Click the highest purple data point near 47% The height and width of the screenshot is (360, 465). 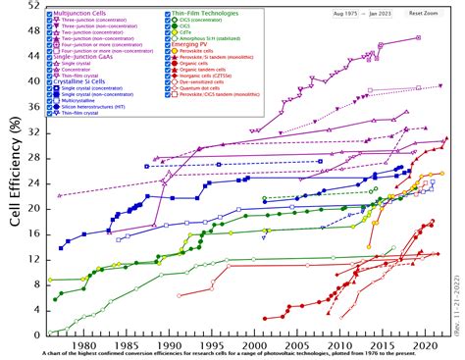pyautogui.click(x=419, y=37)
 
